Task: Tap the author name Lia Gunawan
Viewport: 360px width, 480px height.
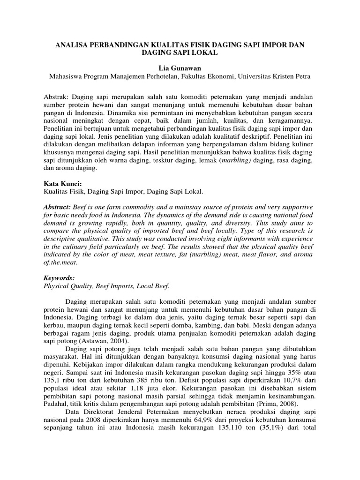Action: (180, 68)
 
